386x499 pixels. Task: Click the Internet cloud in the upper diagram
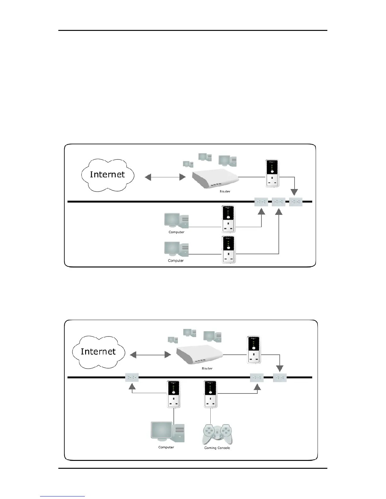(x=108, y=175)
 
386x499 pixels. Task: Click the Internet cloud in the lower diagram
(x=98, y=352)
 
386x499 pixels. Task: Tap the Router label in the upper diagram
(x=225, y=192)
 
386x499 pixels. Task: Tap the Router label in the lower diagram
(x=207, y=368)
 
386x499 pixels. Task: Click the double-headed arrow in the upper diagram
(x=165, y=177)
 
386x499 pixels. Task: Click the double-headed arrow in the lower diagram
(x=150, y=355)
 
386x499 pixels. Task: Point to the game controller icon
(x=217, y=434)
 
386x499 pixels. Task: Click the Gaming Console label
(x=217, y=448)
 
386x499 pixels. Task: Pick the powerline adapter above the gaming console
(x=210, y=394)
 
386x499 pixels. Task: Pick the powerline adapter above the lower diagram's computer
(x=173, y=394)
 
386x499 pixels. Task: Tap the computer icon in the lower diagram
(x=167, y=431)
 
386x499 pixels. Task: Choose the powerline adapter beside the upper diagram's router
(x=272, y=174)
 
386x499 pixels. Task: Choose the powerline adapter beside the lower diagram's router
(x=254, y=350)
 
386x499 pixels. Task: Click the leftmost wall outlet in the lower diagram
(x=132, y=377)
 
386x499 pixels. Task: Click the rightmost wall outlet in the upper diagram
(x=296, y=202)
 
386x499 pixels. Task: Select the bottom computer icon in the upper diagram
(x=176, y=249)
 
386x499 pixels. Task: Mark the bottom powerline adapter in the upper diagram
(x=228, y=249)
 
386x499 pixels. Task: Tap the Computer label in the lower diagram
(x=166, y=447)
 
